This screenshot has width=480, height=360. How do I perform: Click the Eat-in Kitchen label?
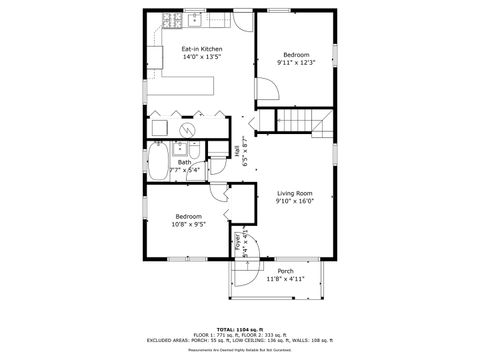point(201,49)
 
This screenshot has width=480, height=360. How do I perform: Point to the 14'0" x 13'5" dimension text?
point(201,58)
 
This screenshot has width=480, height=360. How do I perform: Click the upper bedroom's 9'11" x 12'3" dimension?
point(295,63)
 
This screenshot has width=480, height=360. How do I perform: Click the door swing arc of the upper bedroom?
point(267,92)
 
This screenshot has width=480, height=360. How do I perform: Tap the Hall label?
point(236,150)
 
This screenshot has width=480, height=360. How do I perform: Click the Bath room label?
point(185,162)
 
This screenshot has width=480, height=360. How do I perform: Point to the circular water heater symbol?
point(187,128)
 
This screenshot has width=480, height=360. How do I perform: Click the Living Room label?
point(295,192)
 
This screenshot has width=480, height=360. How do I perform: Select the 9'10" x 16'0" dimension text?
point(295,201)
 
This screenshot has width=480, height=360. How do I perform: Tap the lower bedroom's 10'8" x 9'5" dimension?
point(188,225)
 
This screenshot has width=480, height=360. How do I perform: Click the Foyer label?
point(238,239)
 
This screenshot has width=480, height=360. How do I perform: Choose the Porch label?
point(285,270)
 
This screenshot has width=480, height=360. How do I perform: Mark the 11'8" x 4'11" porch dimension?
point(285,279)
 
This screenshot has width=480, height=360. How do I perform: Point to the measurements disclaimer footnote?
point(240,350)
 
